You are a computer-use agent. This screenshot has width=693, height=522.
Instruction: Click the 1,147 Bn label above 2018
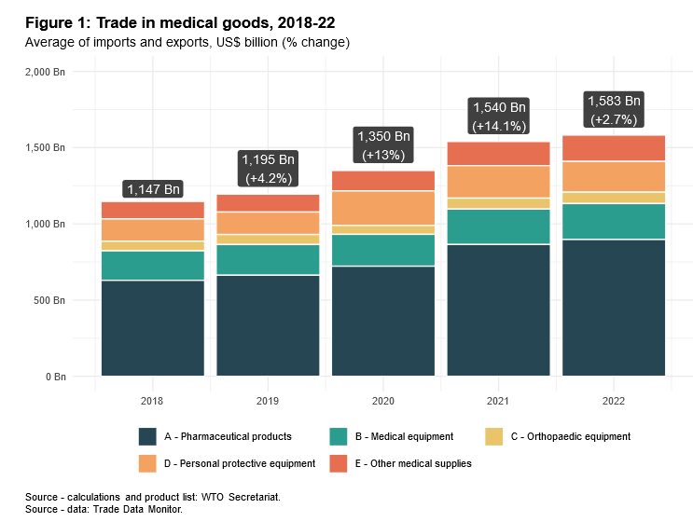[153, 189]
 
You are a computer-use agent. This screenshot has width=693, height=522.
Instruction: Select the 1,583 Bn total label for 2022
[613, 101]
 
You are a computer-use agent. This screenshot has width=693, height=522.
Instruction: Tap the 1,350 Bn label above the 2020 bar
[383, 136]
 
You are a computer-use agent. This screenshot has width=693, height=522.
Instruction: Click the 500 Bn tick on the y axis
[49, 301]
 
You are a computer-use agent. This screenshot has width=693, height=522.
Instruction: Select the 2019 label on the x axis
[268, 401]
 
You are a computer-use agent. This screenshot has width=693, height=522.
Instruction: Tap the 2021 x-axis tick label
[498, 401]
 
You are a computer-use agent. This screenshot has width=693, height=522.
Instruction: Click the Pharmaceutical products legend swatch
[147, 436]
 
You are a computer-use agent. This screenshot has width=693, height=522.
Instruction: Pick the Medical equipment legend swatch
[340, 436]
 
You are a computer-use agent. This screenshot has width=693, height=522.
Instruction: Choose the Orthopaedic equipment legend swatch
[495, 436]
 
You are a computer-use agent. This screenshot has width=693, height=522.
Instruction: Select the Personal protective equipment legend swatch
[147, 463]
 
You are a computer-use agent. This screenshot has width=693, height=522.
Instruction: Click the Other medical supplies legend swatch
[340, 463]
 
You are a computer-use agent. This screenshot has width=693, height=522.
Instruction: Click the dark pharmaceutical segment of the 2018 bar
[153, 328]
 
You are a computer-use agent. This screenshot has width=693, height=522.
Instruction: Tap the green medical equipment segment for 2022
[613, 222]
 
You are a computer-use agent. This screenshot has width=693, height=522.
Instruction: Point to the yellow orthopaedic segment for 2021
[498, 203]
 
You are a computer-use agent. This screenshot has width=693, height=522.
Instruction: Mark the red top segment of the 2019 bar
[268, 203]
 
